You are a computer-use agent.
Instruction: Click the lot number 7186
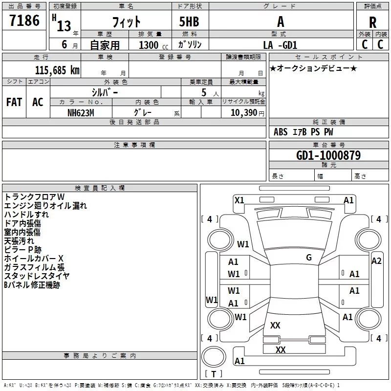pyautogui.click(x=24, y=21)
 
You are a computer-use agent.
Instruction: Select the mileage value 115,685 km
pyautogui.click(x=57, y=70)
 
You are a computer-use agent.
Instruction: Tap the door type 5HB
pyautogui.click(x=189, y=22)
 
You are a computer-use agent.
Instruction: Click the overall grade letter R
pyautogui.click(x=372, y=22)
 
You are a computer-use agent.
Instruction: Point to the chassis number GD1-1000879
pyautogui.click(x=328, y=155)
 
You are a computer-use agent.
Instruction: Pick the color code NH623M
pyautogui.click(x=81, y=113)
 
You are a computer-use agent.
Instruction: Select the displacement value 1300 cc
pyautogui.click(x=153, y=45)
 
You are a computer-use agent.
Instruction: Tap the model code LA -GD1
pyautogui.click(x=280, y=45)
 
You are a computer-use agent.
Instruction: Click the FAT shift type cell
pyautogui.click(x=14, y=102)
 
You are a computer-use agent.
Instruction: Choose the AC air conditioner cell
pyautogui.click(x=38, y=102)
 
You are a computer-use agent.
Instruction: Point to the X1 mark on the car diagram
pyautogui.click(x=239, y=200)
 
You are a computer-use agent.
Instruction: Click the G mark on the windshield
pyautogui.click(x=309, y=258)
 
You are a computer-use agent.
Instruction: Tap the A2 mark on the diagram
pyautogui.click(x=376, y=261)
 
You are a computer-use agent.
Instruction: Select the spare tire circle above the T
pyautogui.click(x=214, y=357)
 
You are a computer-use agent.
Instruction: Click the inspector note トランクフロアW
pyautogui.click(x=34, y=197)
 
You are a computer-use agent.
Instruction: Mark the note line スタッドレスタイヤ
pyautogui.click(x=37, y=276)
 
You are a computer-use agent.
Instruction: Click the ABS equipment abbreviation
pyautogui.click(x=281, y=132)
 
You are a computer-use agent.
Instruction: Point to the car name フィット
pyautogui.click(x=127, y=22)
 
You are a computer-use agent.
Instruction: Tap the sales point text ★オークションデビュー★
pyautogui.click(x=313, y=68)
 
